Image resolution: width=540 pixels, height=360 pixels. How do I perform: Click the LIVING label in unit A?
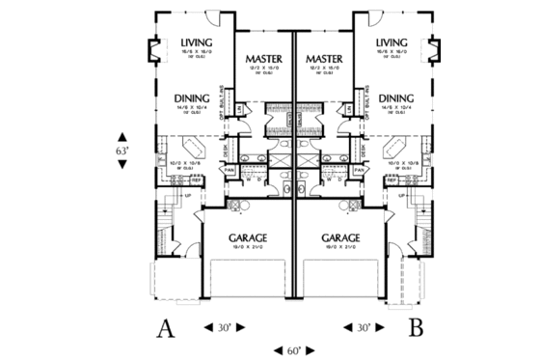[x=196, y=42]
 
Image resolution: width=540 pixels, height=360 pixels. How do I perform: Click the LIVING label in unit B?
[x=392, y=42]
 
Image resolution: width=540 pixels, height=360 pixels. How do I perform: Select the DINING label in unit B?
[x=396, y=98]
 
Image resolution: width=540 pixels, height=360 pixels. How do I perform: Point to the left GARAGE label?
[x=247, y=236]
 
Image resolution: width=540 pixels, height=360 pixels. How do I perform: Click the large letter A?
[x=167, y=328]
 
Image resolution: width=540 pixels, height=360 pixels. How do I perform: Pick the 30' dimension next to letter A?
[x=224, y=328]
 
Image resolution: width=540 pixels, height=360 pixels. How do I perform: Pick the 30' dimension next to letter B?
[x=363, y=328]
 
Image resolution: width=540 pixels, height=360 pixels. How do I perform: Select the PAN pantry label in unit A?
[x=229, y=170]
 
